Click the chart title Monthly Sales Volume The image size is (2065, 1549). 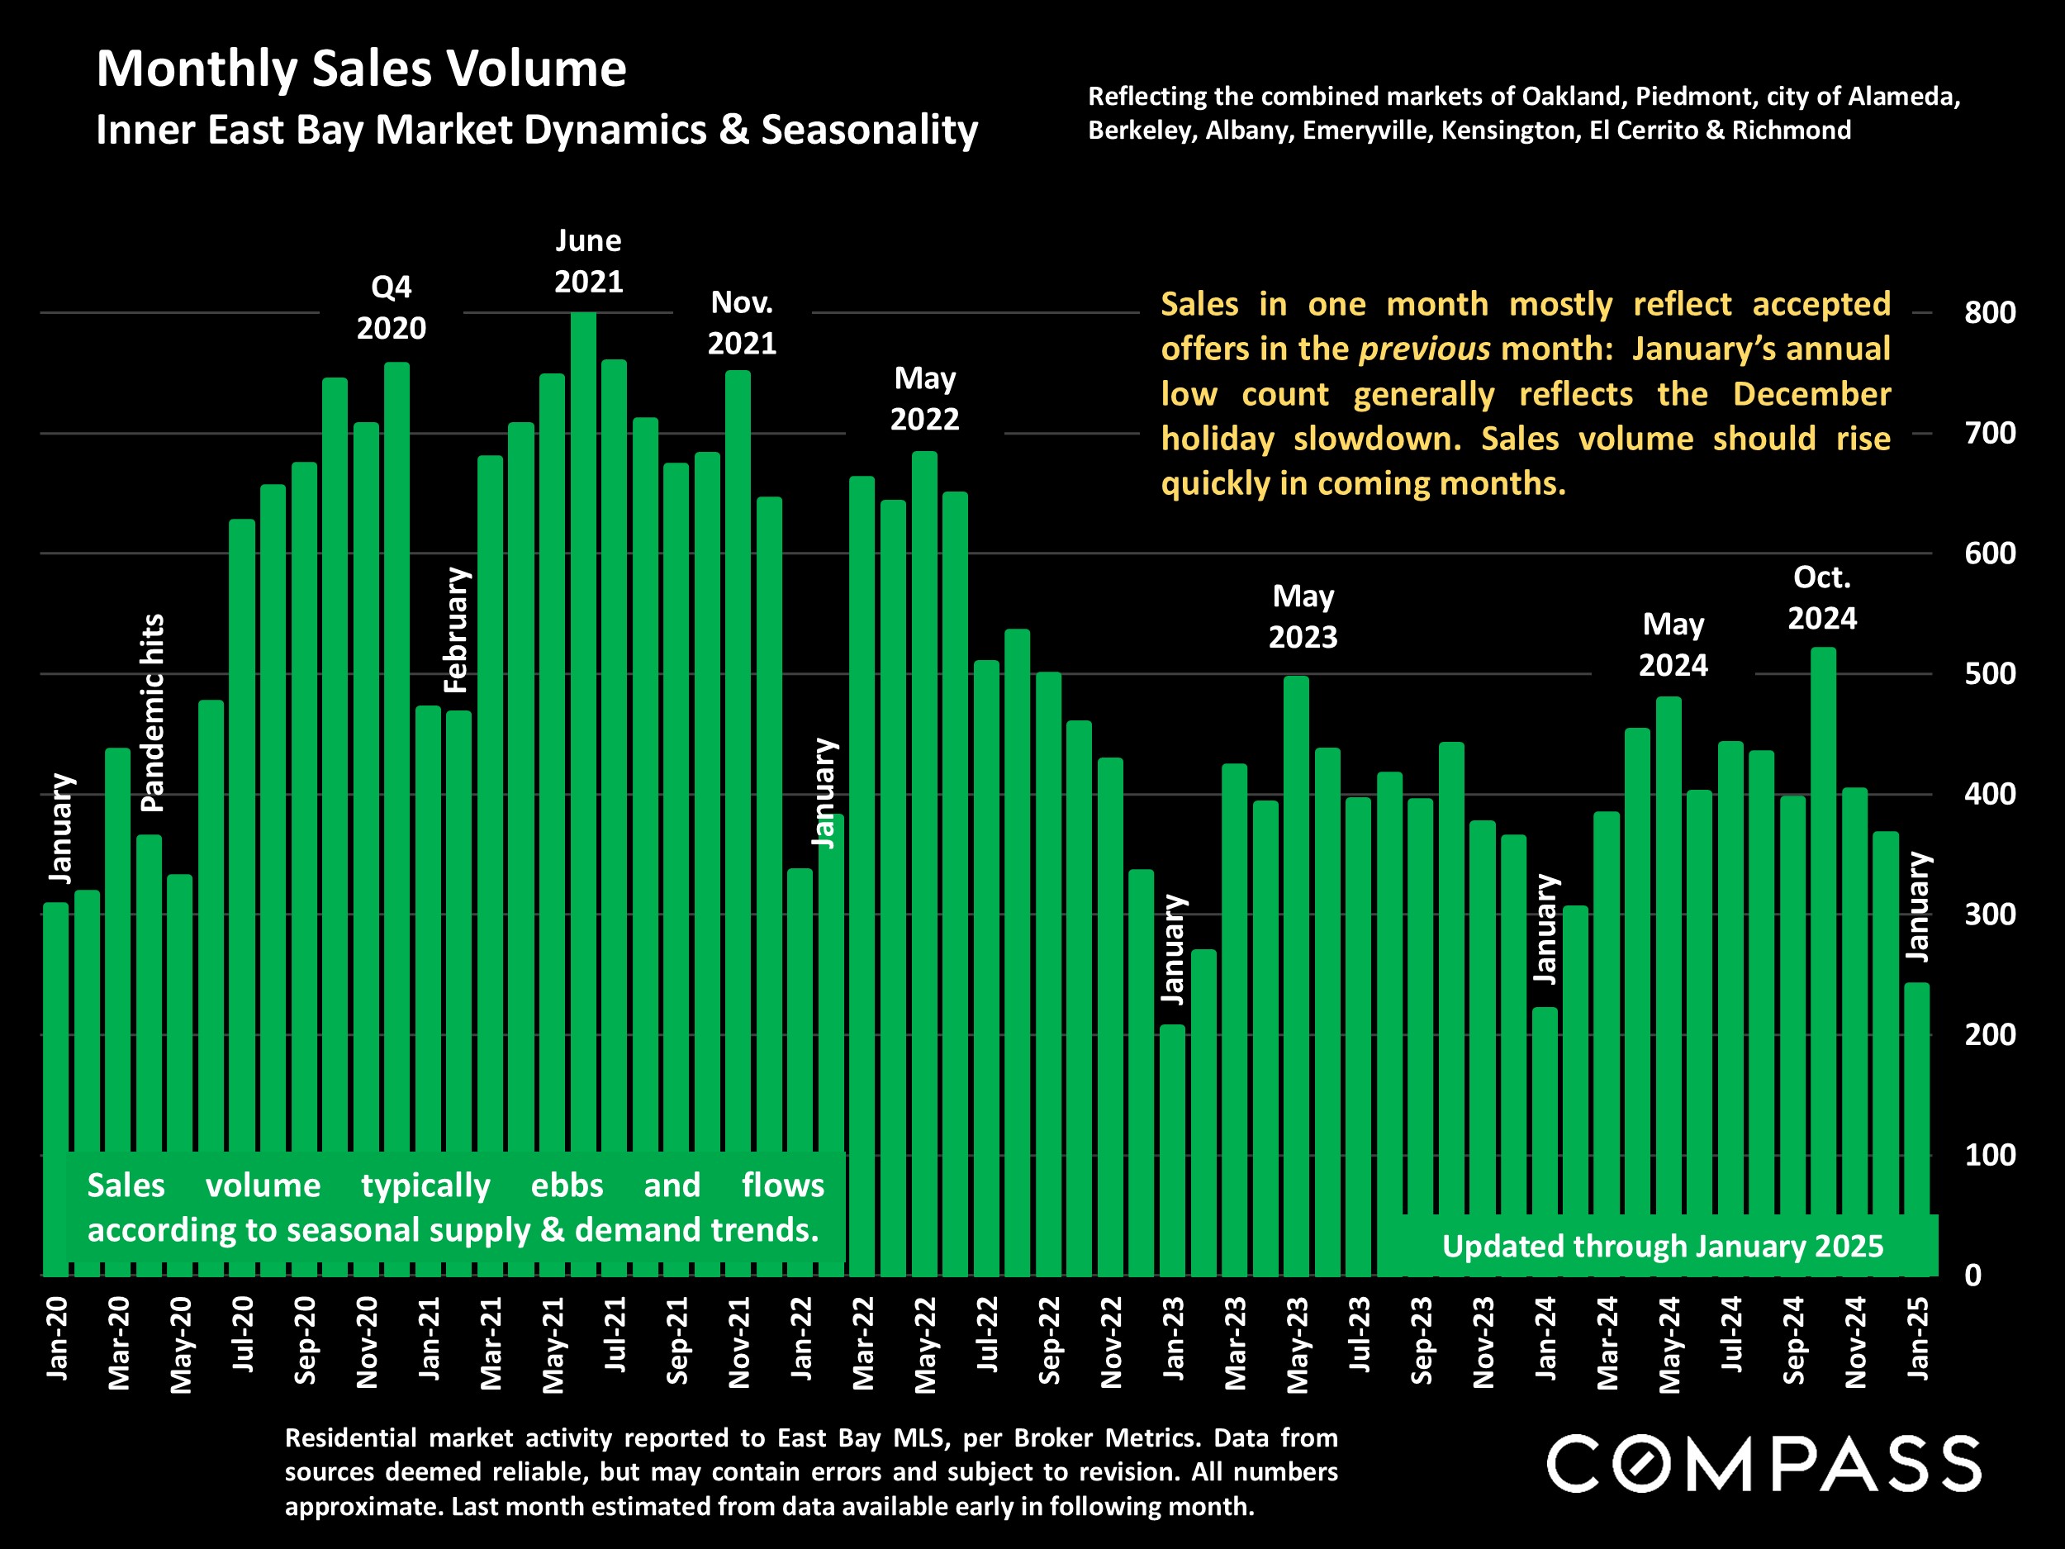click(x=361, y=69)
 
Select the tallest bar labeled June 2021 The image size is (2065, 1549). click(x=583, y=794)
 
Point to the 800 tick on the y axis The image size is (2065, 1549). click(x=1989, y=313)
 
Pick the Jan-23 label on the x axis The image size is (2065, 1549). click(x=1174, y=1338)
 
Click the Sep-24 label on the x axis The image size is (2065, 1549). click(x=1793, y=1340)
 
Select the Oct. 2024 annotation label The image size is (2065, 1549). click(x=1821, y=597)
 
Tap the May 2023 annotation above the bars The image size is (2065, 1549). click(x=1303, y=616)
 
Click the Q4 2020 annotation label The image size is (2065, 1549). click(x=392, y=307)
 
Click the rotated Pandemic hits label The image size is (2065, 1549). click(x=152, y=712)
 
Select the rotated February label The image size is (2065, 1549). click(x=456, y=630)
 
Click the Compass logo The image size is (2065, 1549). click(x=1764, y=1463)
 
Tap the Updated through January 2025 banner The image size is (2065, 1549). click(x=1662, y=1247)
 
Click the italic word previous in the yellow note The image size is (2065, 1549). click(x=1424, y=349)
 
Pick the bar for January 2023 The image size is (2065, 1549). click(x=1173, y=1148)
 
